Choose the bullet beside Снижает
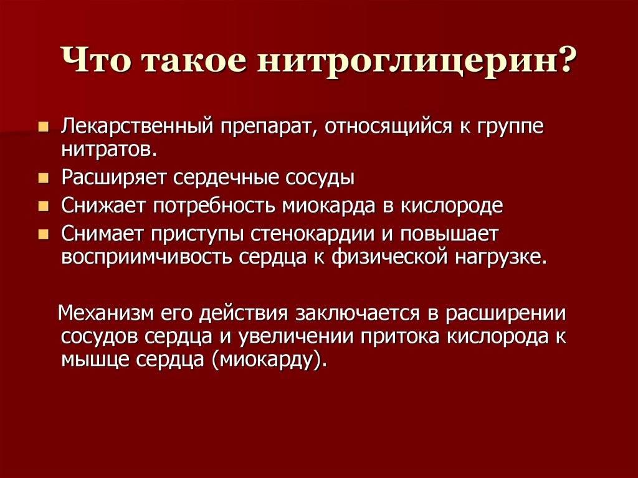(44, 206)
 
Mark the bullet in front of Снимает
(44, 234)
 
